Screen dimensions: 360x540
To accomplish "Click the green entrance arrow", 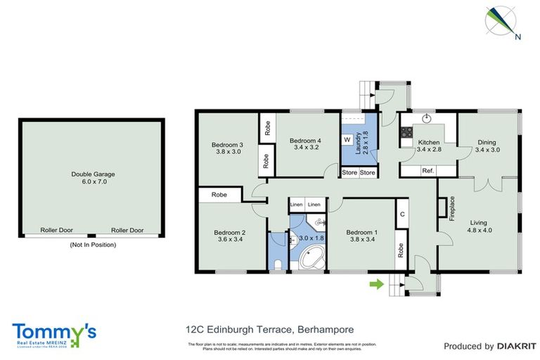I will tap(378, 284).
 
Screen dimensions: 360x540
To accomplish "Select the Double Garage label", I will tap(93, 179).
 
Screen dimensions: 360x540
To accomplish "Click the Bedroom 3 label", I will tap(228, 148).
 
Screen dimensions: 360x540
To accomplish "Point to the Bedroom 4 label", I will tap(304, 143).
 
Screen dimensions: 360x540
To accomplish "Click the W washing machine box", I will tap(347, 140).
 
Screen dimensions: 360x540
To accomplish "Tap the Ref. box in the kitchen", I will tap(427, 171).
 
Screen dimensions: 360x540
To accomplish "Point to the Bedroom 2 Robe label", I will tap(219, 195).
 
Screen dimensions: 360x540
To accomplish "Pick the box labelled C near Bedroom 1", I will tap(402, 215).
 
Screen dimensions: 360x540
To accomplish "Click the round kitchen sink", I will tap(426, 118).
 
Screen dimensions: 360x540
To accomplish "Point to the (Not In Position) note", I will tap(92, 245).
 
